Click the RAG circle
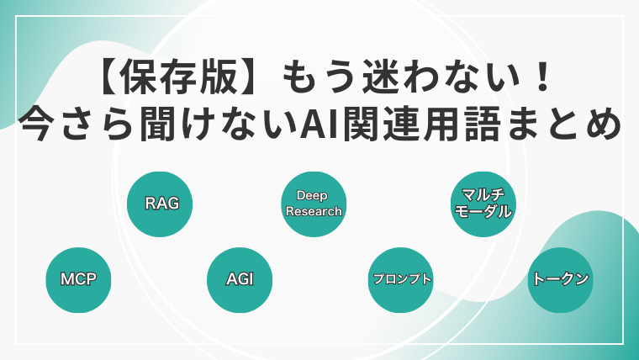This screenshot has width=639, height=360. [x=160, y=204]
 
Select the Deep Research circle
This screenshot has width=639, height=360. [x=314, y=204]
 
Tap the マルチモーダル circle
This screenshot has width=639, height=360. [x=483, y=204]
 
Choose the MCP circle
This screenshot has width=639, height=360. [x=78, y=280]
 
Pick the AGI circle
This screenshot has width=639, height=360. [x=240, y=280]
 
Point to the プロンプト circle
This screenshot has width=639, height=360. [x=400, y=280]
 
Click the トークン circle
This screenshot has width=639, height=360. [x=560, y=280]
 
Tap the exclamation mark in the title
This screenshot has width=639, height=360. [x=542, y=77]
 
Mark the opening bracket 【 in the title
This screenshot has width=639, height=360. [x=108, y=77]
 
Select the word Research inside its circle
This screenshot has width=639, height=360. [x=314, y=212]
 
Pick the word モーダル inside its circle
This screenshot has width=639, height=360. [x=483, y=212]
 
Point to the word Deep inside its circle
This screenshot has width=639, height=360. [x=312, y=196]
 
